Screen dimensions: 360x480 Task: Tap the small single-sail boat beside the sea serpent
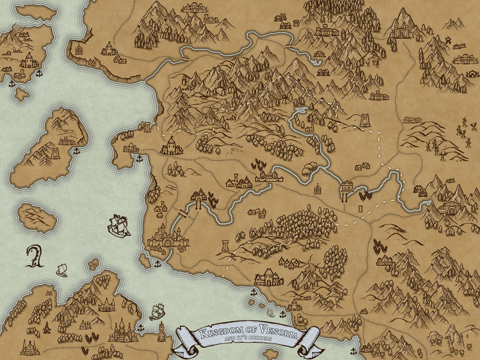pyautogui.click(x=61, y=270)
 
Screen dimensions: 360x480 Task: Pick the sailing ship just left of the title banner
pyautogui.click(x=157, y=311)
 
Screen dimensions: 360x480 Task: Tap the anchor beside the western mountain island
pyautogui.click(x=76, y=150)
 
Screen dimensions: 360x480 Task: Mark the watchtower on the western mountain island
pyautogui.click(x=55, y=153)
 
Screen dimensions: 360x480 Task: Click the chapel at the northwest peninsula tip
pyautogui.click(x=79, y=48)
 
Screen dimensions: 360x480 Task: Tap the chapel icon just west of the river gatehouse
pyautogui.click(x=318, y=189)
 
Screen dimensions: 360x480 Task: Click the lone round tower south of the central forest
pyautogui.click(x=225, y=245)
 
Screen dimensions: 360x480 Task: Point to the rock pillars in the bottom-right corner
pyautogui.click(x=452, y=335)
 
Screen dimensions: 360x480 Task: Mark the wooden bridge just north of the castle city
pyautogui.click(x=183, y=214)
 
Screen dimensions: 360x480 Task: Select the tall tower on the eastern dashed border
pyautogui.click(x=364, y=120)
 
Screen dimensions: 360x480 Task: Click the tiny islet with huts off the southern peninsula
pyautogui.click(x=93, y=264)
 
